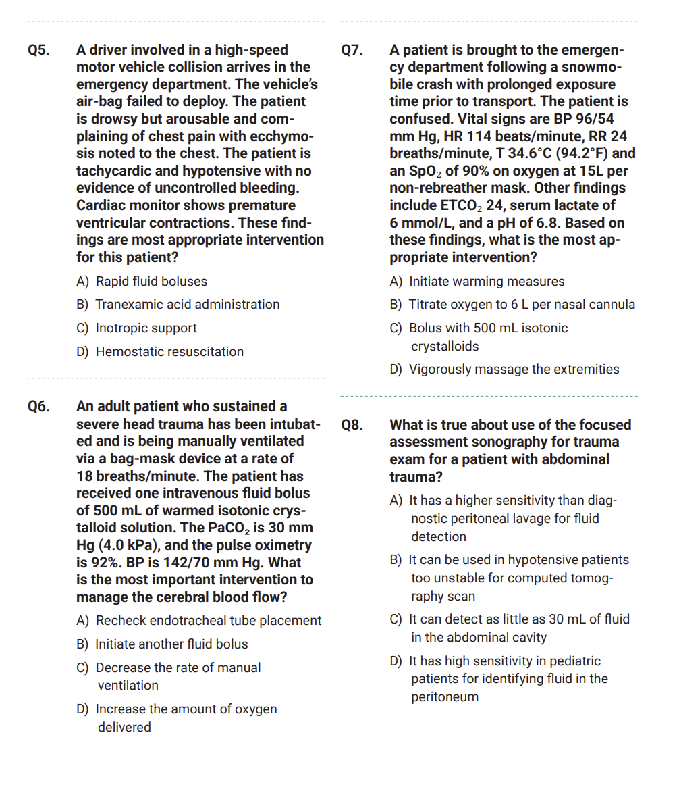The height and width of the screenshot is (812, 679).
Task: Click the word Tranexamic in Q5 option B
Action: tap(128, 305)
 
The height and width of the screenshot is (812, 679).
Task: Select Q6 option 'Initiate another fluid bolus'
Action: tap(171, 644)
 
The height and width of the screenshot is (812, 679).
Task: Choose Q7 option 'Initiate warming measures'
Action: tap(487, 282)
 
